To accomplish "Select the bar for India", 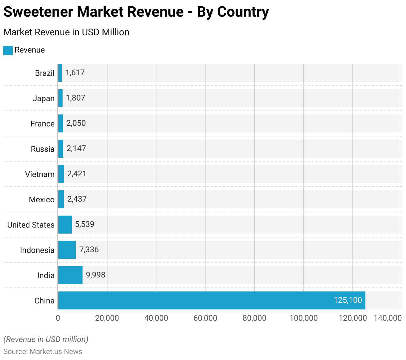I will pyautogui.click(x=70, y=275).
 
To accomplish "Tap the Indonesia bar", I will pyautogui.click(x=67, y=250).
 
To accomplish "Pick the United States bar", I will pyautogui.click(x=65, y=225).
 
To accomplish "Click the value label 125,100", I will pyautogui.click(x=348, y=300).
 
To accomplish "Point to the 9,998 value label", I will pyautogui.click(x=96, y=275).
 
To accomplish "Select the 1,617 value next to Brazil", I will pyautogui.click(x=75, y=73).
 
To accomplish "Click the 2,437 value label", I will pyautogui.click(x=77, y=199).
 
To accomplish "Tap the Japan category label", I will pyautogui.click(x=44, y=98).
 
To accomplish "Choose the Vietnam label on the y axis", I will pyautogui.click(x=40, y=174).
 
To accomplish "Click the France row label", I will pyautogui.click(x=43, y=124).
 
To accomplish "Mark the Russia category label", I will pyautogui.click(x=43, y=149).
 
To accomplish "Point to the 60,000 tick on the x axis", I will pyautogui.click(x=205, y=318).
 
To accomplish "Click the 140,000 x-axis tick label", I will pyautogui.click(x=388, y=318).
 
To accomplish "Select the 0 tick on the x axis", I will pyautogui.click(x=58, y=318).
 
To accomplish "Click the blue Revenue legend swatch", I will pyautogui.click(x=8, y=50).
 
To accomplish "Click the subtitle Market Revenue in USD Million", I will pyautogui.click(x=66, y=32).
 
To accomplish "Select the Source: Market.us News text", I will pyautogui.click(x=43, y=352).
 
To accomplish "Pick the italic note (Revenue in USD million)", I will pyautogui.click(x=46, y=339).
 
